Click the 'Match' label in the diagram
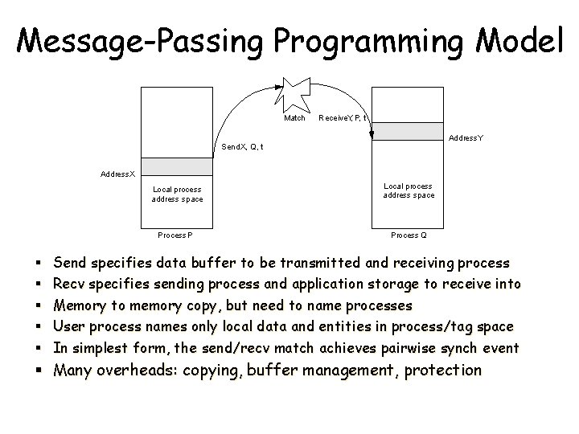(x=295, y=118)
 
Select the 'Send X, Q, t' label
(x=242, y=147)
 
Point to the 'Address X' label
(x=118, y=174)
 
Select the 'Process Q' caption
(x=409, y=235)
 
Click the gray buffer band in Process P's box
(x=177, y=166)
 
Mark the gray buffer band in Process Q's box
(x=409, y=132)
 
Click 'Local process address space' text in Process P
(x=178, y=194)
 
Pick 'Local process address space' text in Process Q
(x=409, y=190)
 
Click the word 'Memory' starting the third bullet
(x=78, y=306)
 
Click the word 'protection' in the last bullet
(x=443, y=371)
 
